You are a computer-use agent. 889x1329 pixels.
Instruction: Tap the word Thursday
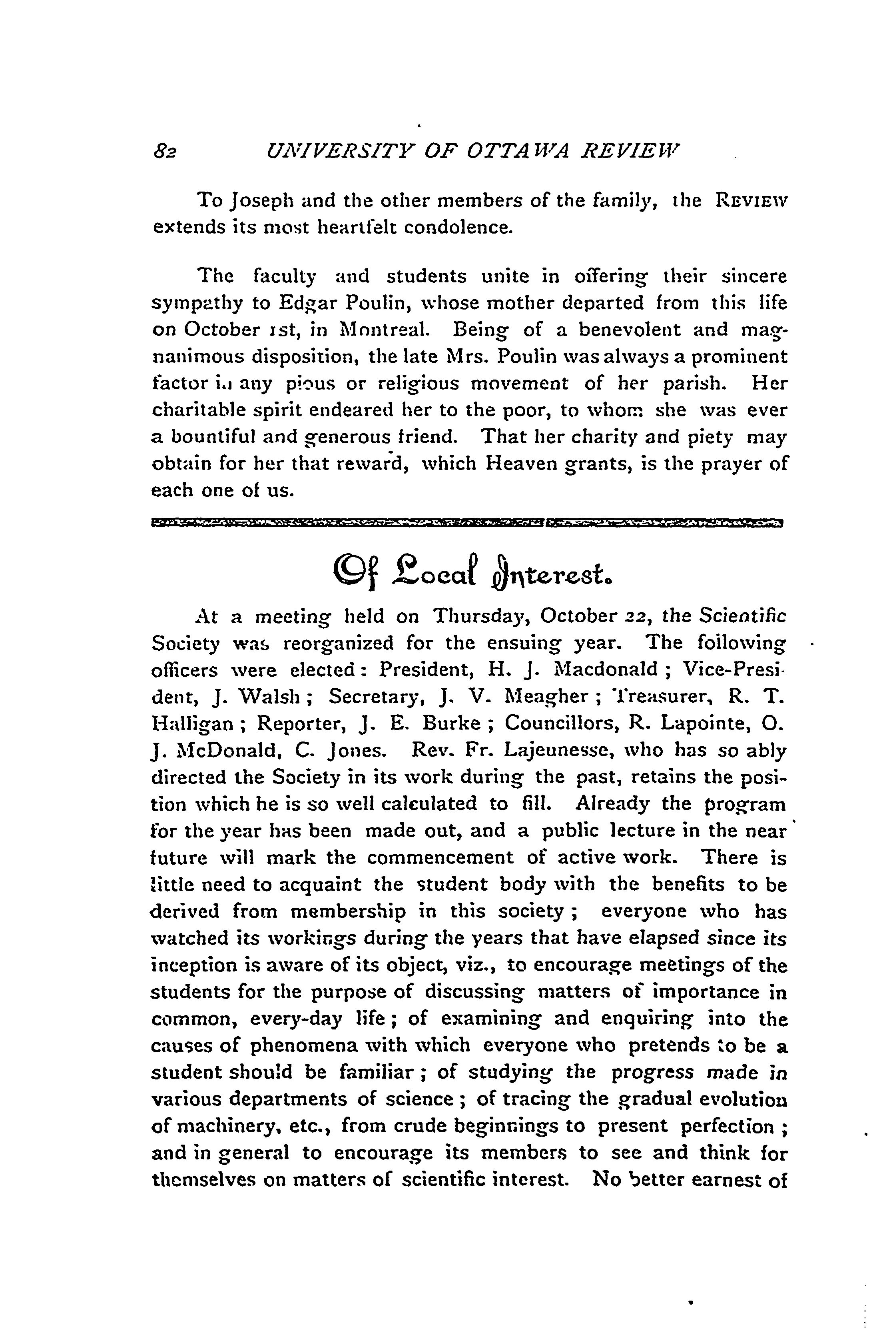click(481, 617)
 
